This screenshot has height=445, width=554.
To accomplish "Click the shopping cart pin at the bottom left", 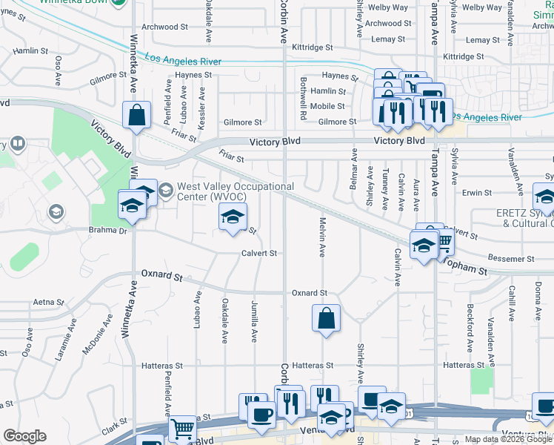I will pyautogui.click(x=181, y=429).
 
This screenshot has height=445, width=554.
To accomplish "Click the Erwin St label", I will pyautogui.click(x=476, y=193).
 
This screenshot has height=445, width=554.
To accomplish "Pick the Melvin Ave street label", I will pyautogui.click(x=322, y=237).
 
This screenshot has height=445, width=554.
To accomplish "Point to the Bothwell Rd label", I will pyautogui.click(x=304, y=98).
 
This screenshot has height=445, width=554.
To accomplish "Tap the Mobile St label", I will pyautogui.click(x=327, y=106).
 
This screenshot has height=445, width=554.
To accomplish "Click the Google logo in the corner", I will pyautogui.click(x=24, y=436).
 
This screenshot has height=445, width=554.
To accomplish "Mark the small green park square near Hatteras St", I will pyautogui.click(x=481, y=381).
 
